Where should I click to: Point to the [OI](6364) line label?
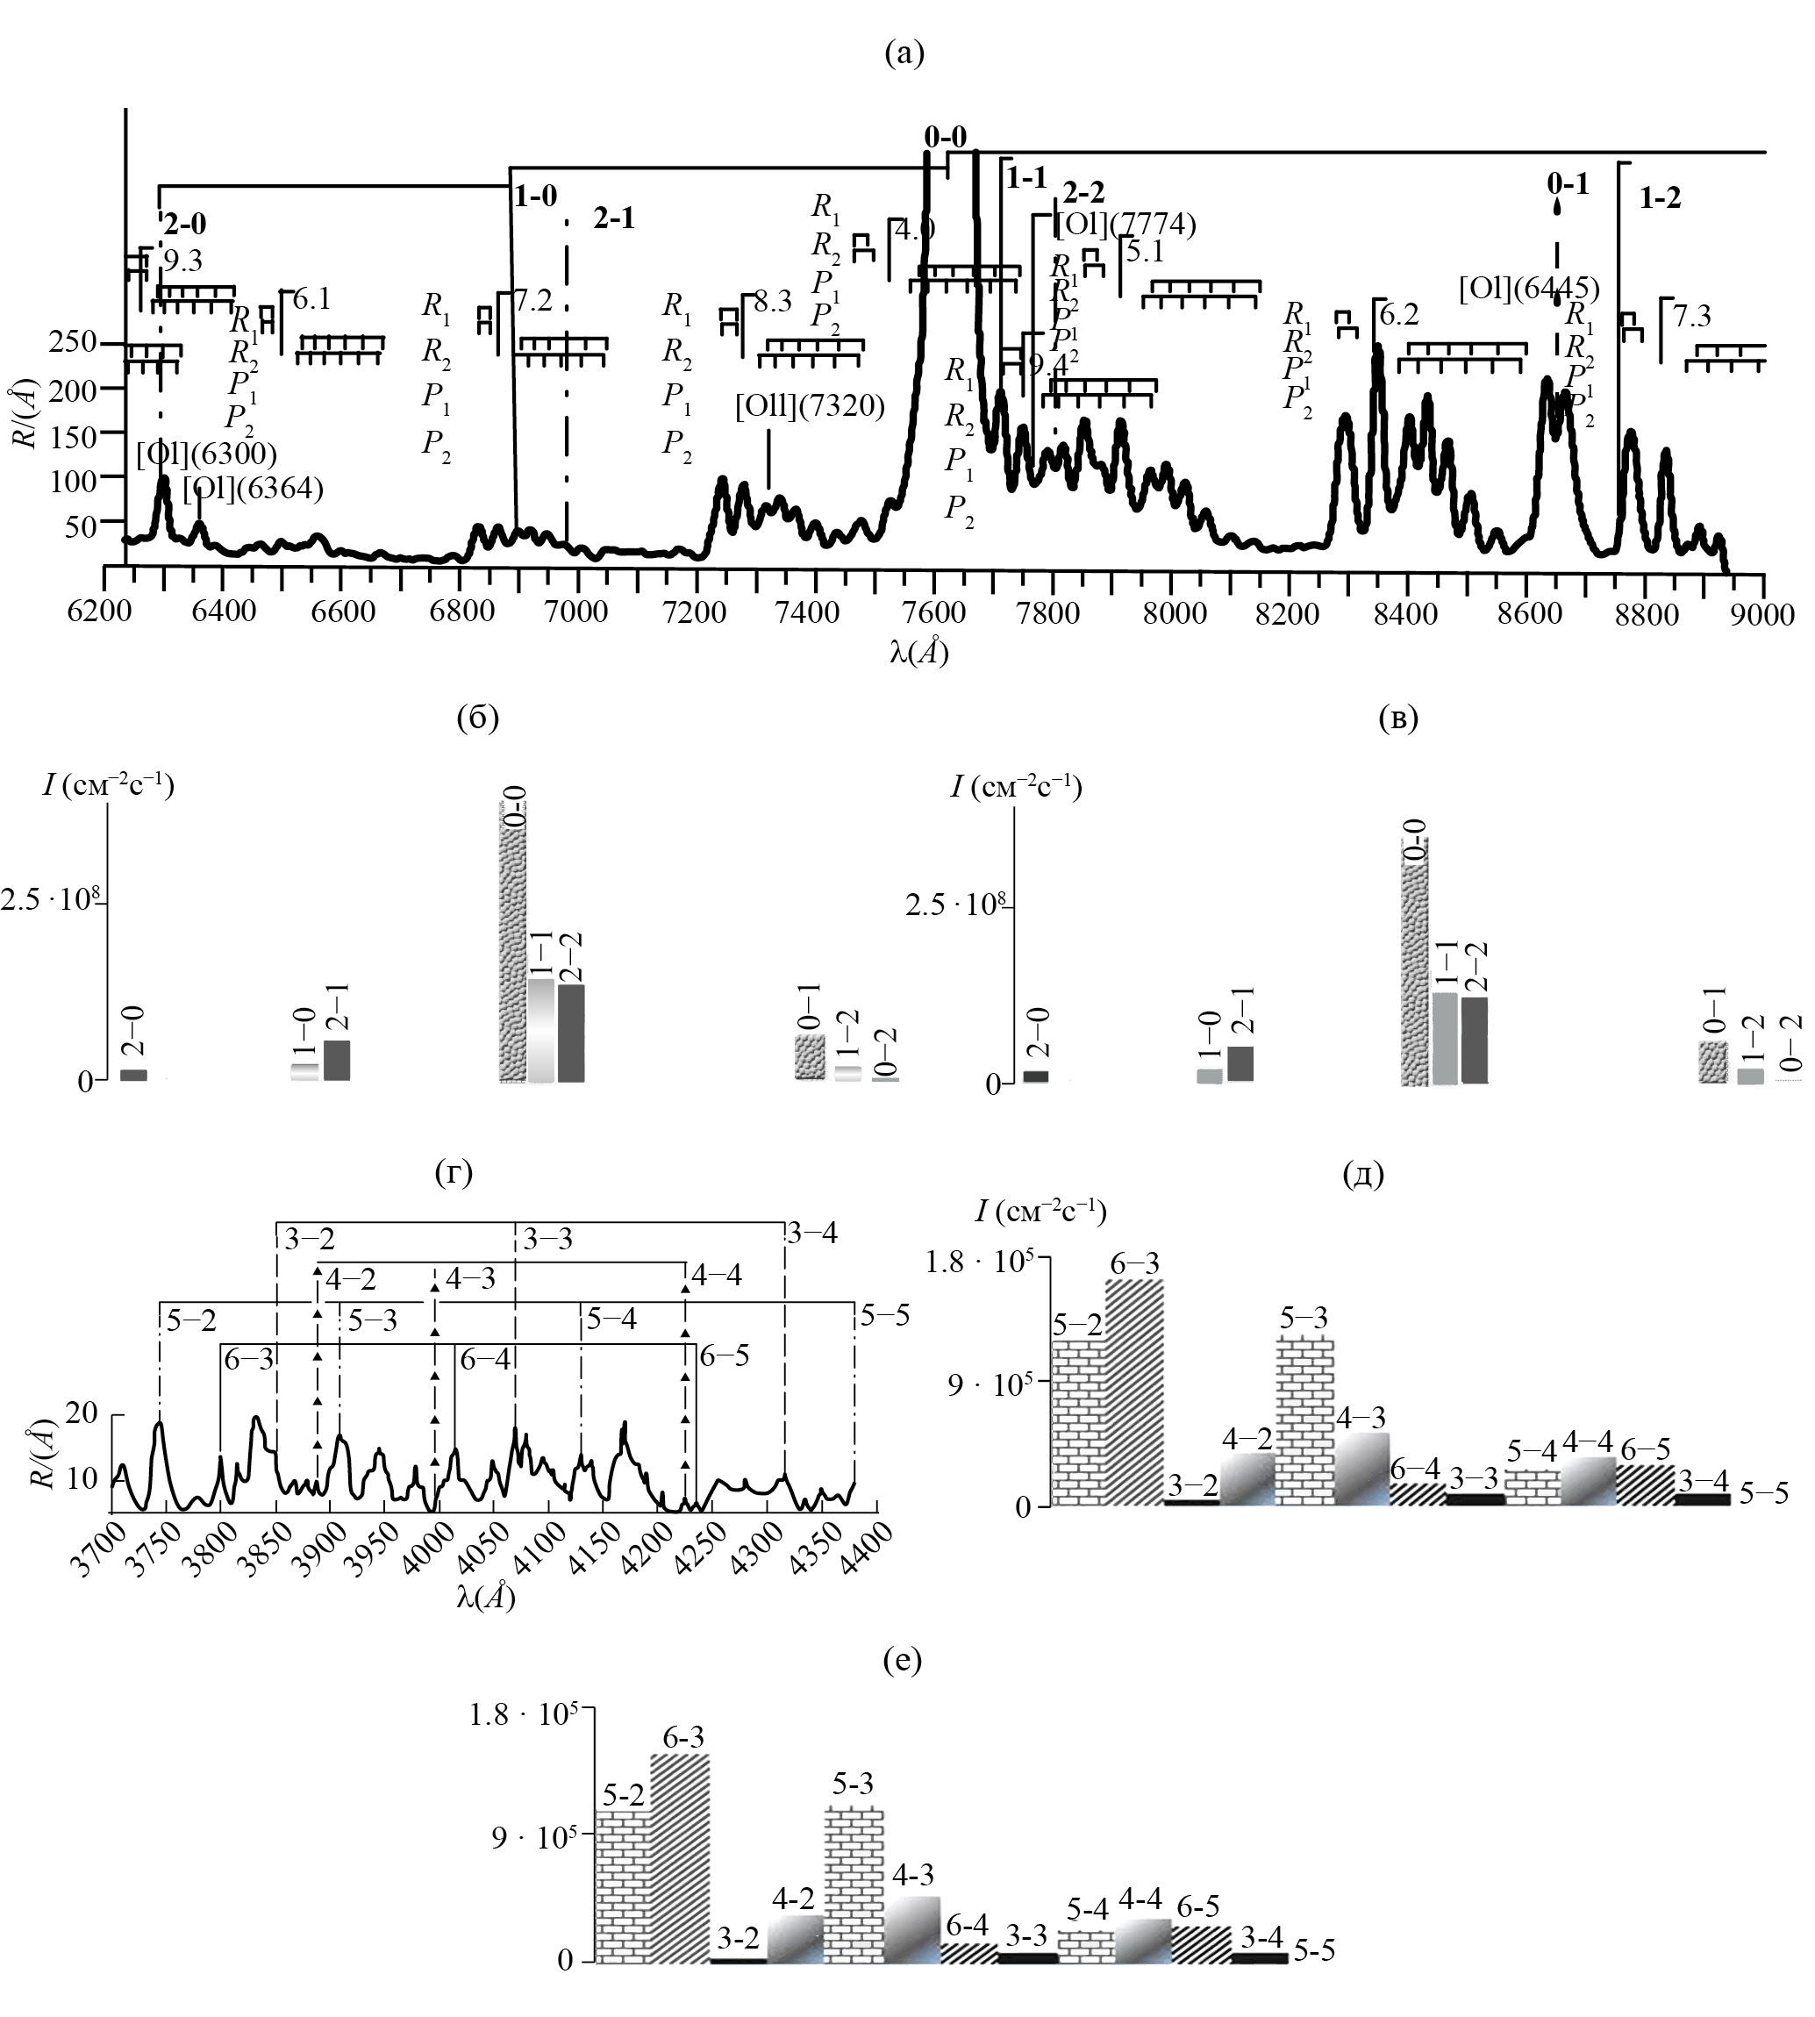coord(254,489)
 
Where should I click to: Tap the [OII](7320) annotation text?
coord(810,407)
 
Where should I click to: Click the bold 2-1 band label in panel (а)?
coord(613,218)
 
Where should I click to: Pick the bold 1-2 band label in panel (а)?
coord(1660,198)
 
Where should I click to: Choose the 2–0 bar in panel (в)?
coord(1036,1076)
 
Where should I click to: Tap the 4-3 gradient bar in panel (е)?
coord(912,1929)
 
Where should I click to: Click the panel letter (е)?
coord(903,1660)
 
